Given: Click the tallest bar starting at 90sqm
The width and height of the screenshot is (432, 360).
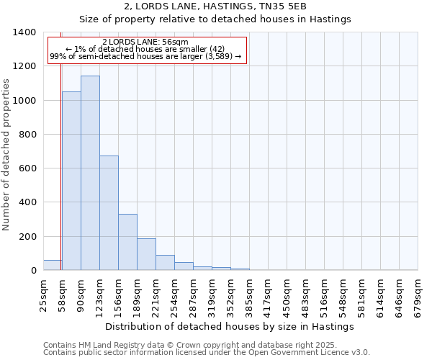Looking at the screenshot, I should tap(90, 173).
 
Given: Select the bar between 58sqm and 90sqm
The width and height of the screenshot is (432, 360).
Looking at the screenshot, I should tap(71, 181).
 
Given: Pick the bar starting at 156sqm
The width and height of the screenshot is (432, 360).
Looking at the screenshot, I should tap(127, 242).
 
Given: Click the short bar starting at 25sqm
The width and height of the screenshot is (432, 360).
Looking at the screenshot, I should tap(52, 265).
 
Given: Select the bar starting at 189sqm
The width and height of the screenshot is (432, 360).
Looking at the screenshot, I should tap(146, 254).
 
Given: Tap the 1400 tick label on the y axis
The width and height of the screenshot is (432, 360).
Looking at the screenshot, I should tap(24, 32).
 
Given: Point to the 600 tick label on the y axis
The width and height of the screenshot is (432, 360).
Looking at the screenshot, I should tap(27, 168).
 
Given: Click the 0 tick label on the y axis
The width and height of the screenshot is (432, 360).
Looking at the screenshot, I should tap(33, 271).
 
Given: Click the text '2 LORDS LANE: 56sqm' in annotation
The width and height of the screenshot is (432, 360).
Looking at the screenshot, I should tap(145, 42).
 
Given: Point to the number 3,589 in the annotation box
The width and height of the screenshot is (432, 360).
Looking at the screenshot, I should tap(219, 56).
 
